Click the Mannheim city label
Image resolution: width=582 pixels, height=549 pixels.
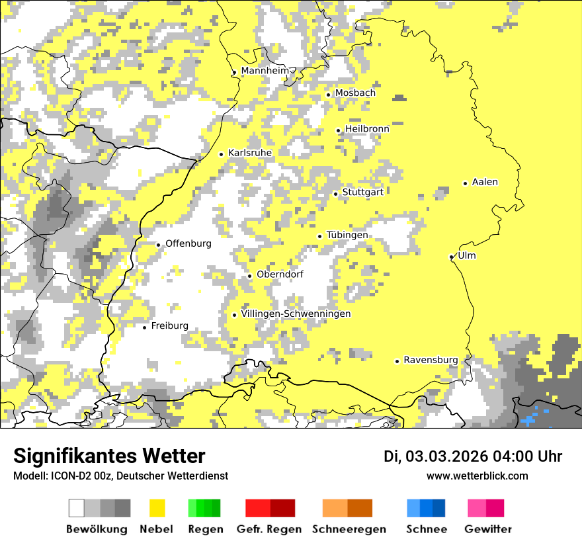coord(265,71)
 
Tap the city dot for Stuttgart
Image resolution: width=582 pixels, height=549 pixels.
coord(336,194)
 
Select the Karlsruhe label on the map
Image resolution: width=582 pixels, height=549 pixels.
coord(250,153)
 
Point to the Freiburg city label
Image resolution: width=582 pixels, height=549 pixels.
coord(169,326)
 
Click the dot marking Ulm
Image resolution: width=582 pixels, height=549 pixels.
coord(452,257)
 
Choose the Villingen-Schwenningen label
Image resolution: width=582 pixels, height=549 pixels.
coord(296,314)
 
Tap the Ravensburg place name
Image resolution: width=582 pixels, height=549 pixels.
coord(431,360)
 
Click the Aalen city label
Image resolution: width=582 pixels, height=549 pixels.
coord(485,182)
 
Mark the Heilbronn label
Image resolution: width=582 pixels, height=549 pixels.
coord(367,128)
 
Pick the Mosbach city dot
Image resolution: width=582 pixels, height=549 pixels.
coord(328,95)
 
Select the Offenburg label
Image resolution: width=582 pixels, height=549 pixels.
coord(188,243)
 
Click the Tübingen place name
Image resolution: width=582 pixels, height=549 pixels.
coord(347,235)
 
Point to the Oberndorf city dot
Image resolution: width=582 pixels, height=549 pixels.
coord(249,276)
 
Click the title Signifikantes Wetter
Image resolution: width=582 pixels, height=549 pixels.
coord(109,456)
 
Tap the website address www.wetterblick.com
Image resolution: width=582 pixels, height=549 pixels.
coord(478,476)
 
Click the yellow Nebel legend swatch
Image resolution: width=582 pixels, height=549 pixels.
coord(157,508)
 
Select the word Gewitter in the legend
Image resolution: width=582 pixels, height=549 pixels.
coord(488,529)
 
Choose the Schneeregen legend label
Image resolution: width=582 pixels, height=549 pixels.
coord(349,529)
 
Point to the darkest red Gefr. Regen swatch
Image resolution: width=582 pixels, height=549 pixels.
coord(283,508)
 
